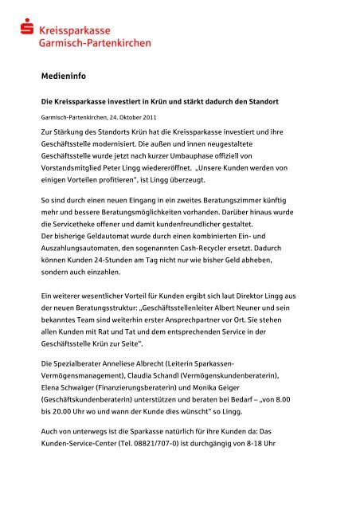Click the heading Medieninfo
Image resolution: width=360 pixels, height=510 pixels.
pyautogui.click(x=64, y=78)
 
